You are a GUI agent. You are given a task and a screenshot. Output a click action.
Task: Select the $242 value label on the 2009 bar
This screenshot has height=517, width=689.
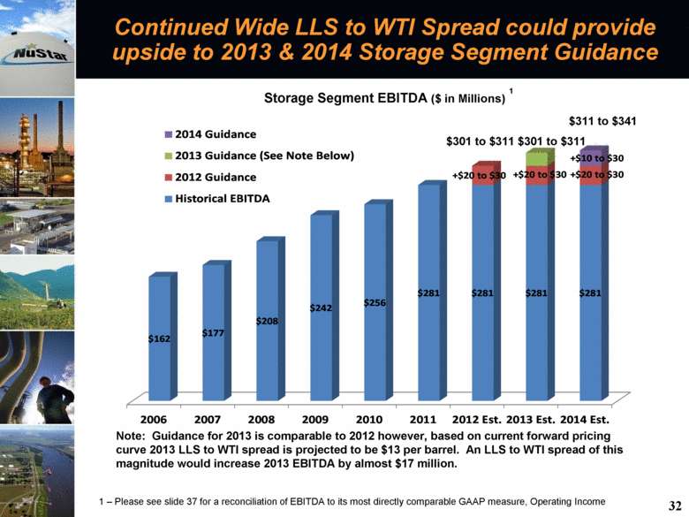[321, 308]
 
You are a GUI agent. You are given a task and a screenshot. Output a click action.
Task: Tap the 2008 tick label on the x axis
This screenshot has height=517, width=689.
[261, 420]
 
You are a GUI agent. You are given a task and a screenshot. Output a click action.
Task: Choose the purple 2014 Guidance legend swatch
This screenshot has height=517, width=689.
[169, 134]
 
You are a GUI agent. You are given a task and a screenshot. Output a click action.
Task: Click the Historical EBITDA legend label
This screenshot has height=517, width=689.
[223, 199]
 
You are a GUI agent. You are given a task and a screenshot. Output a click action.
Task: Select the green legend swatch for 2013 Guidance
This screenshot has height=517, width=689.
[169, 156]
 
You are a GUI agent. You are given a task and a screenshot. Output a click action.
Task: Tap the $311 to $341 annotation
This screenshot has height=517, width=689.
[602, 121]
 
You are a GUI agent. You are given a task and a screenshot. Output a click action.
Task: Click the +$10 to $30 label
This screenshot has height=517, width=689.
[597, 158]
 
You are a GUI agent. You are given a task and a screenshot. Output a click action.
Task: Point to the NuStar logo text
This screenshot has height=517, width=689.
[41, 54]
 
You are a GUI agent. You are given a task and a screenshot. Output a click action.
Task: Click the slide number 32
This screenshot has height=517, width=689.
[675, 506]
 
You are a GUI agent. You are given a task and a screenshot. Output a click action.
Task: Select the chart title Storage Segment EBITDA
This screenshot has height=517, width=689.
[345, 97]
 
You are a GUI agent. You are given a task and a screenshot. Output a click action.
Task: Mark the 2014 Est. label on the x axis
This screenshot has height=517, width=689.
[585, 420]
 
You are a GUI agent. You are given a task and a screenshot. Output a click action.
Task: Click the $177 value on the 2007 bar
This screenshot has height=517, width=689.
[213, 333]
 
